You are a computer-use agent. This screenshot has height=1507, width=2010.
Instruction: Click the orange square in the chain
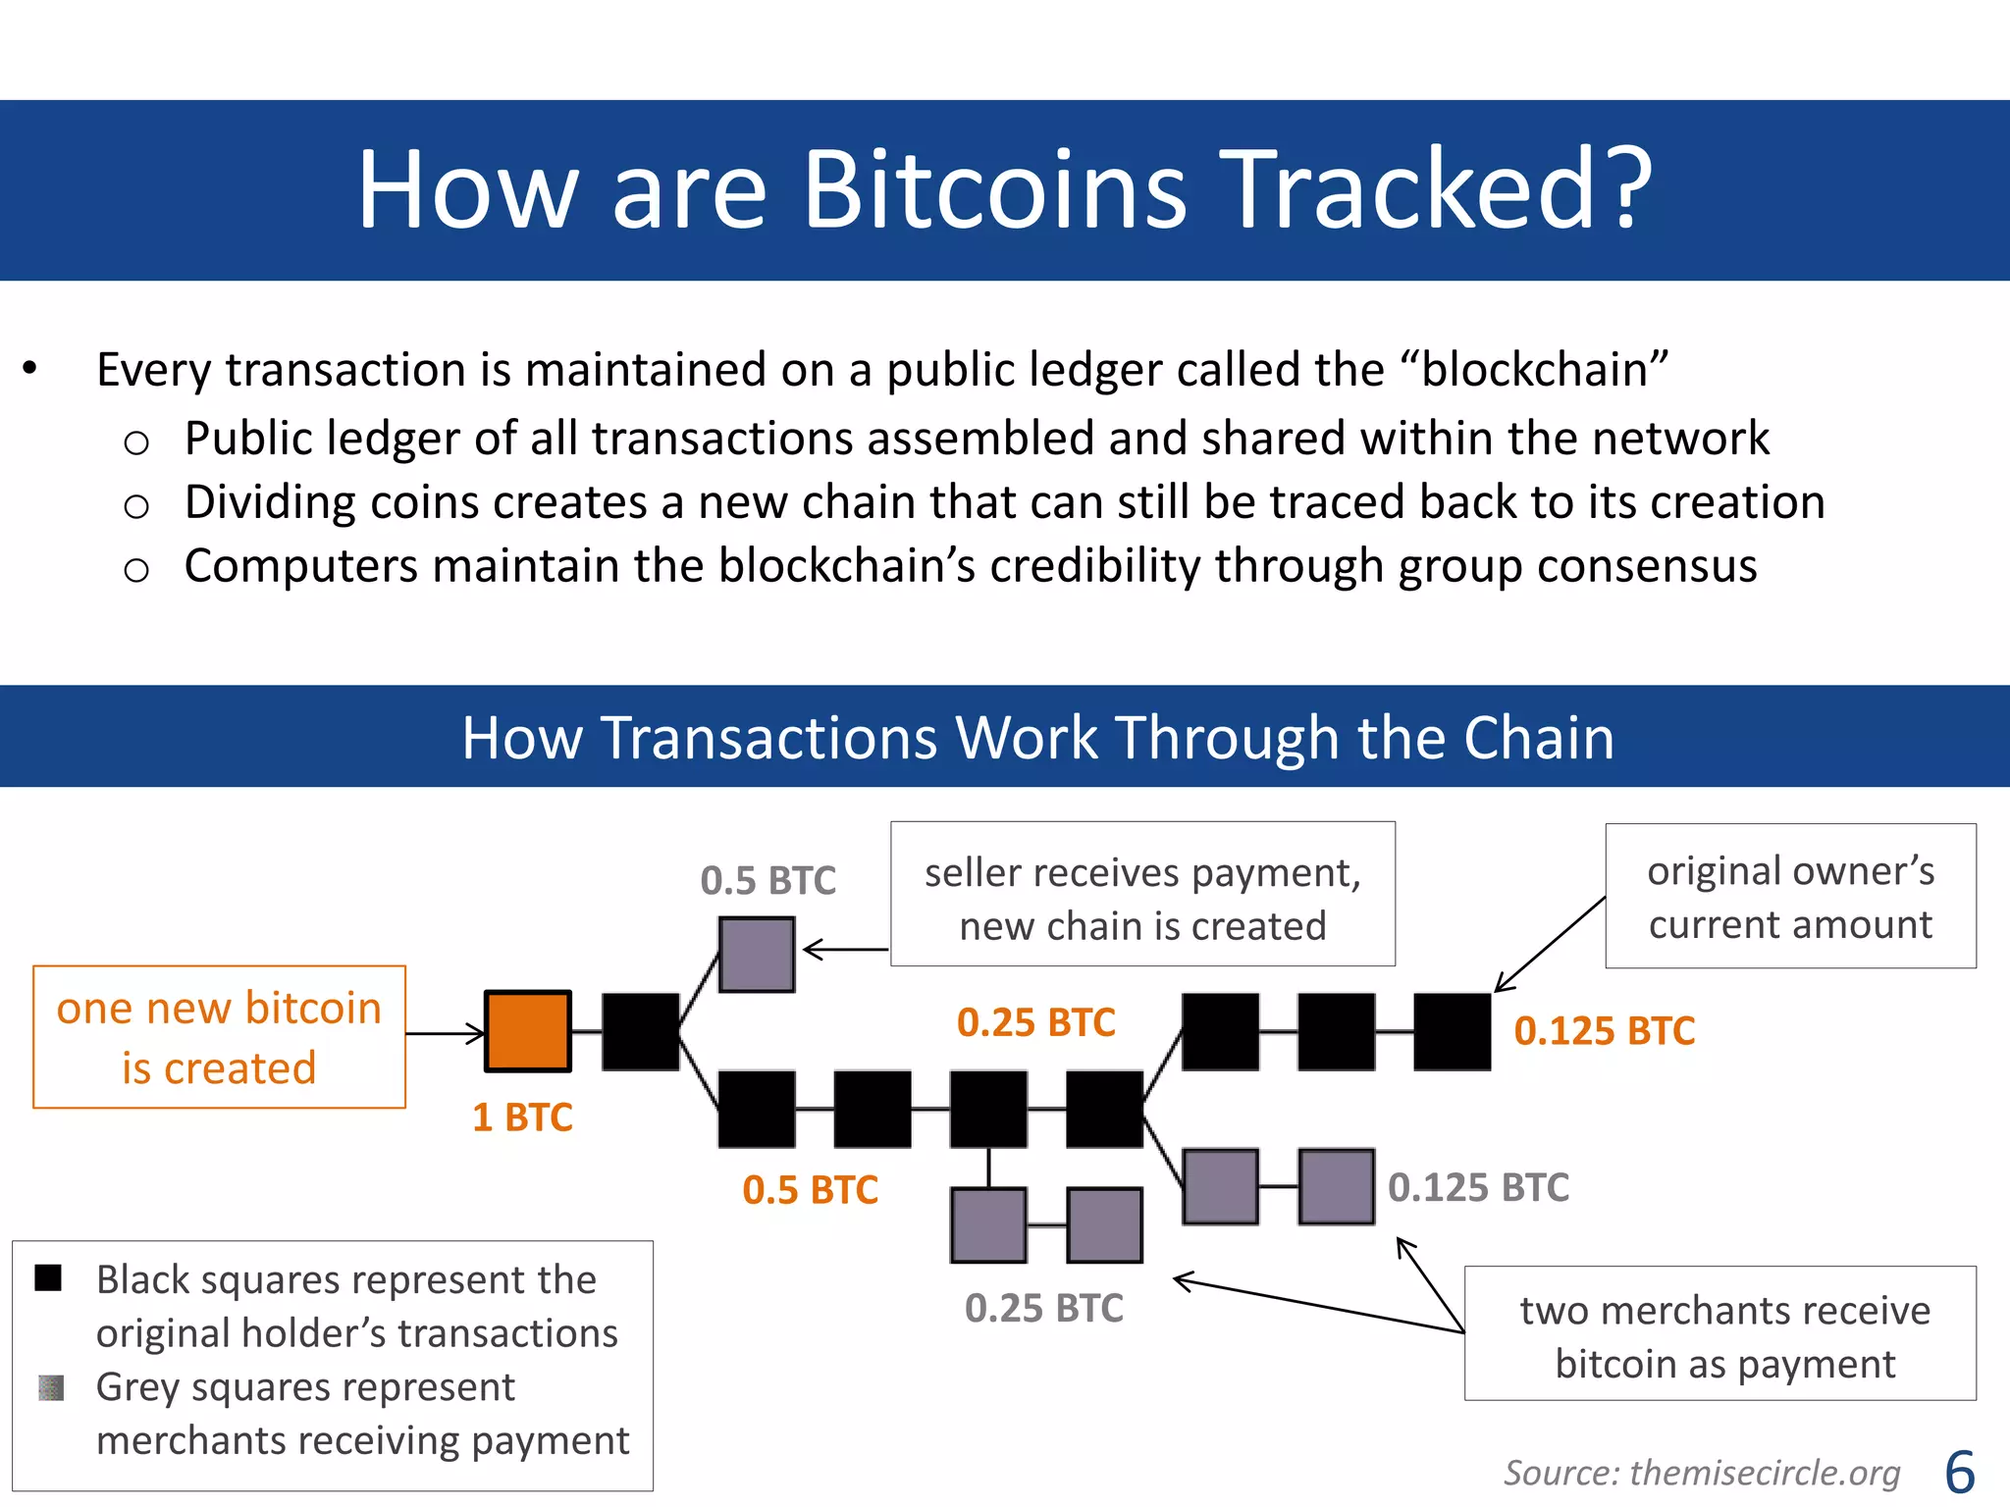click(x=528, y=1031)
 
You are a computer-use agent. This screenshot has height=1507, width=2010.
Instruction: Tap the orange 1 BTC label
click(x=522, y=1117)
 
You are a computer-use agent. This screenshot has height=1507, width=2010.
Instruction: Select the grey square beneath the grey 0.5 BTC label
click(x=756, y=954)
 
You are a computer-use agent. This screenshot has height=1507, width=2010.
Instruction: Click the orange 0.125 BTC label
click(x=1605, y=1031)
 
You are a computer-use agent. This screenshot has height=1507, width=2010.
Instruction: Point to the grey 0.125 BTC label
click(x=1478, y=1188)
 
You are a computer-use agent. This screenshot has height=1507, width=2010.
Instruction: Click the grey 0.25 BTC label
click(x=1043, y=1309)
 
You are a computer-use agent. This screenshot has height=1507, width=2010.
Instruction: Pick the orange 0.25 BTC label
click(x=1036, y=1022)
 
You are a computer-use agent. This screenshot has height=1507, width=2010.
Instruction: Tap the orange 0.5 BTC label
click(x=810, y=1190)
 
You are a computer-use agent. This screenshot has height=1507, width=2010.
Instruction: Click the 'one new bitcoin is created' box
click(x=219, y=1037)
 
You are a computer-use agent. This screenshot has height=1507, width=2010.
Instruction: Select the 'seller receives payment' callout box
click(x=1142, y=895)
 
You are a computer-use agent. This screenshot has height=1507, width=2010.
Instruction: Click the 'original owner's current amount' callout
click(x=1790, y=896)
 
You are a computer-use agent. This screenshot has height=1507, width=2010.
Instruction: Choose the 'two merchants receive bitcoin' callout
click(x=1719, y=1334)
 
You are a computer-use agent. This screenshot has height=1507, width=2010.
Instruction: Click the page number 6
click(x=1959, y=1473)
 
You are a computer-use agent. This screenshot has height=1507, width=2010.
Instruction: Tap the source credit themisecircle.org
click(x=1702, y=1473)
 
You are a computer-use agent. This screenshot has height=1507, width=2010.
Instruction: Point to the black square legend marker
click(x=48, y=1277)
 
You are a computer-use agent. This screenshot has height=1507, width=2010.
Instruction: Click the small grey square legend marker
click(x=51, y=1387)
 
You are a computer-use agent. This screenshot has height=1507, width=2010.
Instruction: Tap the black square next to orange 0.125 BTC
click(x=1452, y=1031)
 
